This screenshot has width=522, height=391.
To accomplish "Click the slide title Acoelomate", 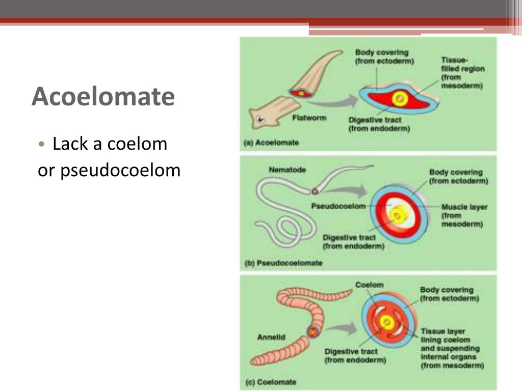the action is [103, 97].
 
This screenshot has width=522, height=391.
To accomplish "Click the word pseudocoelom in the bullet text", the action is [121, 171].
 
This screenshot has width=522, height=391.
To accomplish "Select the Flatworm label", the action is [309, 118].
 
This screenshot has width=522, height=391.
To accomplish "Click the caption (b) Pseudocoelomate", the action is [283, 263].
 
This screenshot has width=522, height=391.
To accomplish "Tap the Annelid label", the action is [272, 337].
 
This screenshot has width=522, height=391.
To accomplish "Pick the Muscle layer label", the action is [464, 207].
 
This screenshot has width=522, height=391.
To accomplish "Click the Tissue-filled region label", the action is [462, 73].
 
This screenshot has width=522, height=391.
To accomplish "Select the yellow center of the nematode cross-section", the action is [397, 216].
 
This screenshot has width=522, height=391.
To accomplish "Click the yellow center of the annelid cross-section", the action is [387, 321].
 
